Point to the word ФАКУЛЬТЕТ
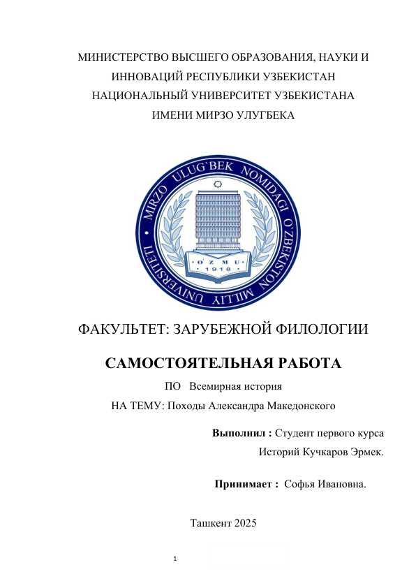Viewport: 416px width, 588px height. tap(123, 329)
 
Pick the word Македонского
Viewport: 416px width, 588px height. tap(298, 405)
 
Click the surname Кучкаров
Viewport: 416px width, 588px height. tap(325, 453)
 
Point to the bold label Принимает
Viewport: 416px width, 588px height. tap(243, 483)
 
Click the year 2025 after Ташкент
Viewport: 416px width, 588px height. tap(246, 522)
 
